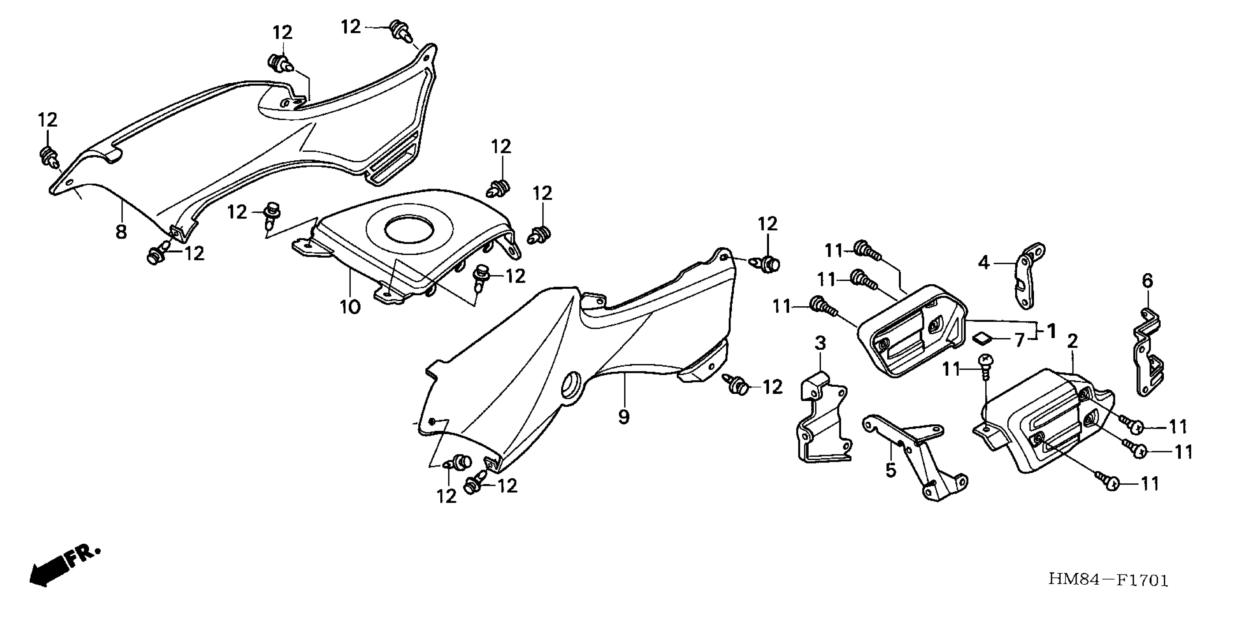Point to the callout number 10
[x=350, y=306]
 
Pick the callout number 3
[x=820, y=343]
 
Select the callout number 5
[x=891, y=469]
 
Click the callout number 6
[x=1148, y=280]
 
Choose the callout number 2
[x=1073, y=341]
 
